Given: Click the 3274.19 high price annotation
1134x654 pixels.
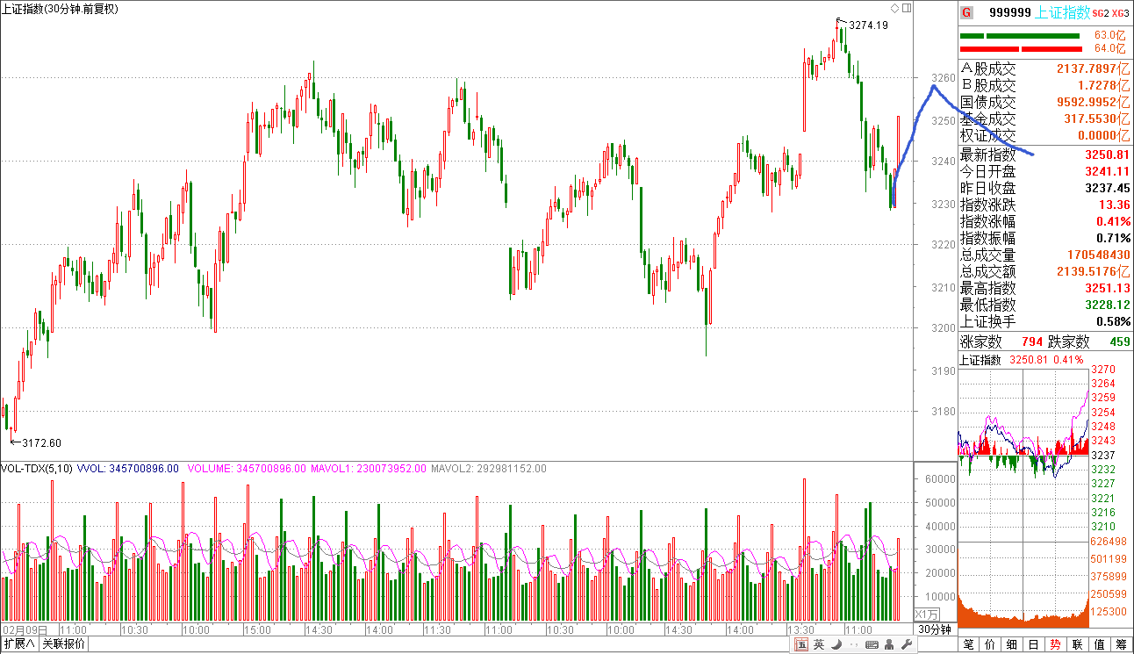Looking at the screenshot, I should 869,25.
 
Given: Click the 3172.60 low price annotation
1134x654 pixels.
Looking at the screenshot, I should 41,443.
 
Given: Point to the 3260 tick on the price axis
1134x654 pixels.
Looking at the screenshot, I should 942,78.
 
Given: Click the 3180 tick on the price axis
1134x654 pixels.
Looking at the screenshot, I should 942,412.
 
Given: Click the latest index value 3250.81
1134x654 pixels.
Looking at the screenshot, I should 1108,155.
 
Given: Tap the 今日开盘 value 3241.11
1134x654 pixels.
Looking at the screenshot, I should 1108,171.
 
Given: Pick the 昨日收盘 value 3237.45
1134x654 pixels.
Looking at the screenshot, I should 1108,188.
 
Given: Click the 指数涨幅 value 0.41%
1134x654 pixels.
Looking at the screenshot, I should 1113,221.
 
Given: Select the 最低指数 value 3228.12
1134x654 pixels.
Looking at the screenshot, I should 1108,305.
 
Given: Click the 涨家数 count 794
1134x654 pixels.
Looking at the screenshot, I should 1032,341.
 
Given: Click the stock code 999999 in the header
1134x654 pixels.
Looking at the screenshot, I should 1009,12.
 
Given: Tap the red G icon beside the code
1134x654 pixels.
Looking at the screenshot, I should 966,12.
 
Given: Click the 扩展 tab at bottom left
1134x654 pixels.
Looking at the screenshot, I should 18,644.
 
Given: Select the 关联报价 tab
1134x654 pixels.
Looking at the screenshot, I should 64,644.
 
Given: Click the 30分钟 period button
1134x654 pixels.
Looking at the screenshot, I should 935,629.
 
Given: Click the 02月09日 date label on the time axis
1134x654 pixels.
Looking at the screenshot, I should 24,630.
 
